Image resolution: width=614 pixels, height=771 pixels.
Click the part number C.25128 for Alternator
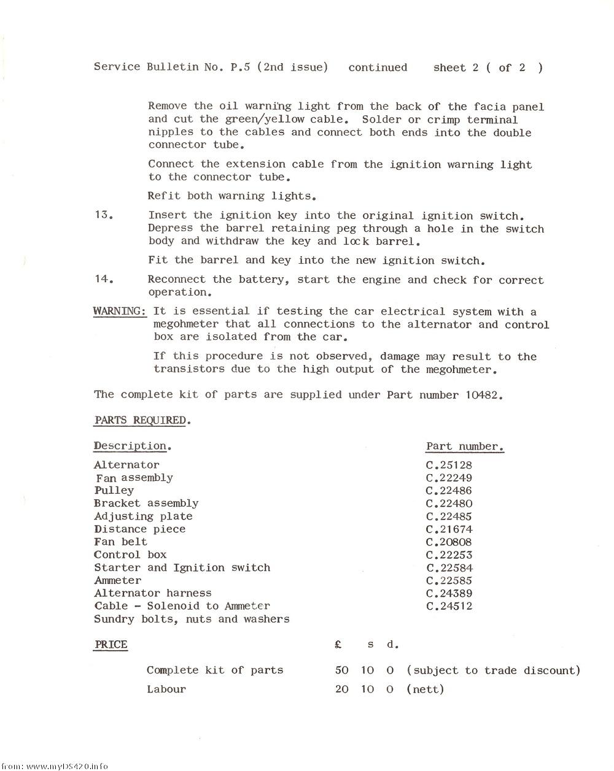[x=449, y=465]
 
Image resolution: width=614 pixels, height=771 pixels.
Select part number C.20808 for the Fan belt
[x=449, y=542]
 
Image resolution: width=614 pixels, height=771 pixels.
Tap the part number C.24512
[x=449, y=606]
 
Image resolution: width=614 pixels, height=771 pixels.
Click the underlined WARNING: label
[x=120, y=311]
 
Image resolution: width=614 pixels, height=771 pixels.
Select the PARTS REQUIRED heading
[x=142, y=420]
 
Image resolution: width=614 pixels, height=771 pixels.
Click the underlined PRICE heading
[x=111, y=645]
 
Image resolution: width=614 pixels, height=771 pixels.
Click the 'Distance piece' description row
[x=139, y=529]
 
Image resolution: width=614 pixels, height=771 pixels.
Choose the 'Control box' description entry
[x=130, y=554]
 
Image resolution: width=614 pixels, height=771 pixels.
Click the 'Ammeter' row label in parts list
[x=118, y=580]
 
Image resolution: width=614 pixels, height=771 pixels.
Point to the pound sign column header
[x=338, y=645]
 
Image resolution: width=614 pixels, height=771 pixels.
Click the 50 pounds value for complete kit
[x=342, y=670]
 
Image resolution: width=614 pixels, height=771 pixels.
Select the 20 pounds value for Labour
[x=342, y=689]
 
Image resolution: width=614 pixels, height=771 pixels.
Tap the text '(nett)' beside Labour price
[x=425, y=689]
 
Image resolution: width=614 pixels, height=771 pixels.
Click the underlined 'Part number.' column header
[x=465, y=447]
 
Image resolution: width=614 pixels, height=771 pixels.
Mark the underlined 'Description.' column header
[x=132, y=446]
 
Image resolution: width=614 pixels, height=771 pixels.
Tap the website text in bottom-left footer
[x=55, y=765]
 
